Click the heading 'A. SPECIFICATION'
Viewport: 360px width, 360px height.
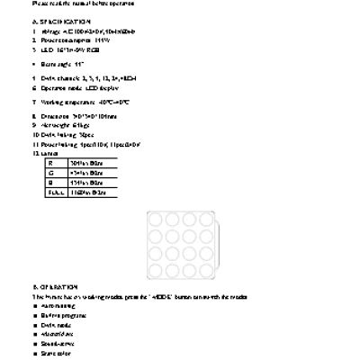click(x=61, y=21)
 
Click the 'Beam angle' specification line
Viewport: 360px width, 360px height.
click(x=63, y=65)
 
